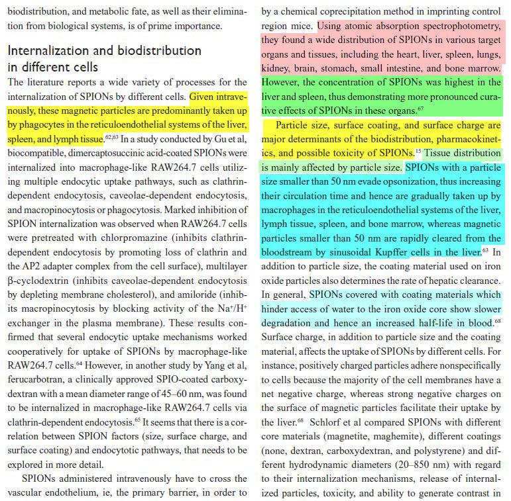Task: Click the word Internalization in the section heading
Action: coord(51,51)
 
